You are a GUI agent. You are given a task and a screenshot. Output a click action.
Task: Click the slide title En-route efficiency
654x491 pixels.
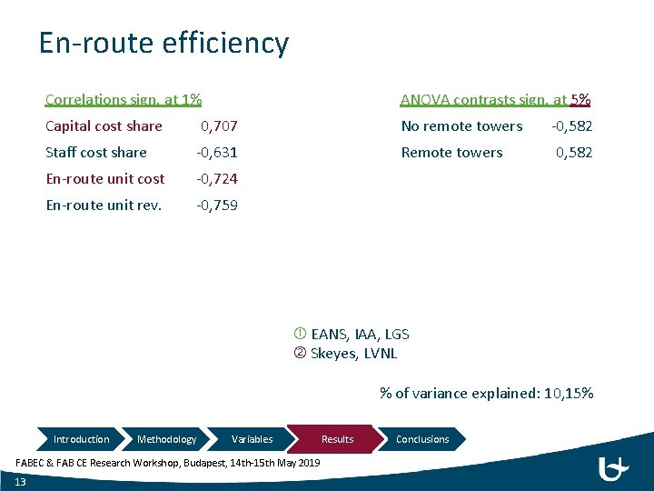pyautogui.click(x=163, y=43)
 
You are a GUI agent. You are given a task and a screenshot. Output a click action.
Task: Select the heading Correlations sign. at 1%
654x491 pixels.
pyautogui.click(x=124, y=99)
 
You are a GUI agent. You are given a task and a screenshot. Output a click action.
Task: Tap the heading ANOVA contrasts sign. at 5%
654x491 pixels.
pyautogui.click(x=496, y=99)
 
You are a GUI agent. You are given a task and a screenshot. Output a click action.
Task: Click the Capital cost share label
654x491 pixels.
pyautogui.click(x=104, y=126)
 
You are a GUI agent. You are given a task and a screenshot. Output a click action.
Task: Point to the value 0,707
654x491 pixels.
pyautogui.click(x=219, y=126)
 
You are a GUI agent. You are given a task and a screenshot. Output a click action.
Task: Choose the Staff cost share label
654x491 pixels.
pyautogui.click(x=96, y=153)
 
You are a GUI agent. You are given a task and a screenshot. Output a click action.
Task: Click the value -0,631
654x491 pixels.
pyautogui.click(x=218, y=153)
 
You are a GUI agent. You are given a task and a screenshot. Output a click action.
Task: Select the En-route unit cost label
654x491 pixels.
pyautogui.click(x=105, y=179)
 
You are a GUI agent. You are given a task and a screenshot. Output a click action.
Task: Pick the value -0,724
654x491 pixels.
pyautogui.click(x=218, y=179)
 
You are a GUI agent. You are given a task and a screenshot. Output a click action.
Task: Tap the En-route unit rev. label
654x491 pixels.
pyautogui.click(x=104, y=205)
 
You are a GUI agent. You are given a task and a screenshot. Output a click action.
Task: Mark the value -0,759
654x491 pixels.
pyautogui.click(x=218, y=205)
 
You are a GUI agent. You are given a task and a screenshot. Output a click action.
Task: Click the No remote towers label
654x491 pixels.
pyautogui.click(x=461, y=126)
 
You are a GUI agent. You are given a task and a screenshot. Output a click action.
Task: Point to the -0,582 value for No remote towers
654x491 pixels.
pyautogui.click(x=572, y=126)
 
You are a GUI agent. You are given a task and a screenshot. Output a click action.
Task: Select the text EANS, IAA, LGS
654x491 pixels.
pyautogui.click(x=360, y=335)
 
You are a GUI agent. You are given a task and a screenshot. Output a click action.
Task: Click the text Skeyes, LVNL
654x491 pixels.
pyautogui.click(x=353, y=354)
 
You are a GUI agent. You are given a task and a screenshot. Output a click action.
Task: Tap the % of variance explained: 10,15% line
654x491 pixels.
pyautogui.click(x=487, y=394)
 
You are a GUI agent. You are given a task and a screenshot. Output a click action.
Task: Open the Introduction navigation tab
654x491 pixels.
pyautogui.click(x=81, y=439)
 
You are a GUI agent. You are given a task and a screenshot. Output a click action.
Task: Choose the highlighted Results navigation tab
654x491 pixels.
pyautogui.click(x=337, y=439)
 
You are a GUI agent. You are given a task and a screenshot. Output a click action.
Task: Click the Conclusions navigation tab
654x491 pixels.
pyautogui.click(x=422, y=439)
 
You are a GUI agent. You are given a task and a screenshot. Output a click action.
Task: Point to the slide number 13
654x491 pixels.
pyautogui.click(x=21, y=482)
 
